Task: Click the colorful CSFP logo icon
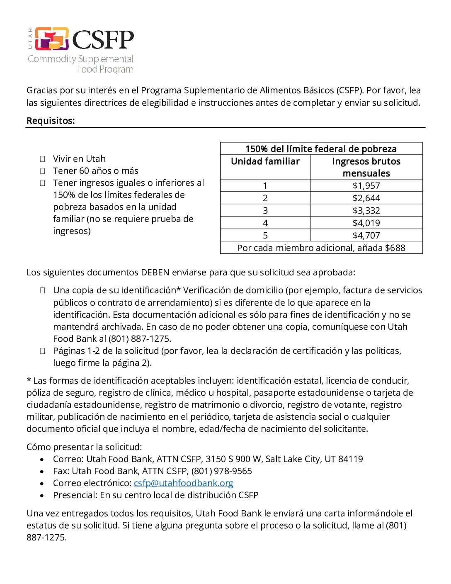[x=51, y=39]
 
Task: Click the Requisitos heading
[x=51, y=121]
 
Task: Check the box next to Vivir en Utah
[x=42, y=159]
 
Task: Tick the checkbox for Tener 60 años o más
[x=42, y=171]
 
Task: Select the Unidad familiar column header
[x=265, y=161]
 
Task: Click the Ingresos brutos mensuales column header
[x=366, y=167]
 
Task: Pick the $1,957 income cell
[x=366, y=186]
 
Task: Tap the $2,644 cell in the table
[x=366, y=198]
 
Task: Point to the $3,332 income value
[x=366, y=211]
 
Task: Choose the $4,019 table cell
[x=366, y=223]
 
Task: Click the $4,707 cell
[x=366, y=236]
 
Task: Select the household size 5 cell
[x=265, y=236]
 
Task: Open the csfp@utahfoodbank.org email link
[x=183, y=483]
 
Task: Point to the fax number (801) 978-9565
[x=221, y=471]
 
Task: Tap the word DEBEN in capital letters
[x=155, y=273]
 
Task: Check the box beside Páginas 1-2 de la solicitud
[x=42, y=351]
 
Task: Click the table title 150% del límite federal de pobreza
[x=321, y=149]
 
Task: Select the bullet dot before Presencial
[x=42, y=496]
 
